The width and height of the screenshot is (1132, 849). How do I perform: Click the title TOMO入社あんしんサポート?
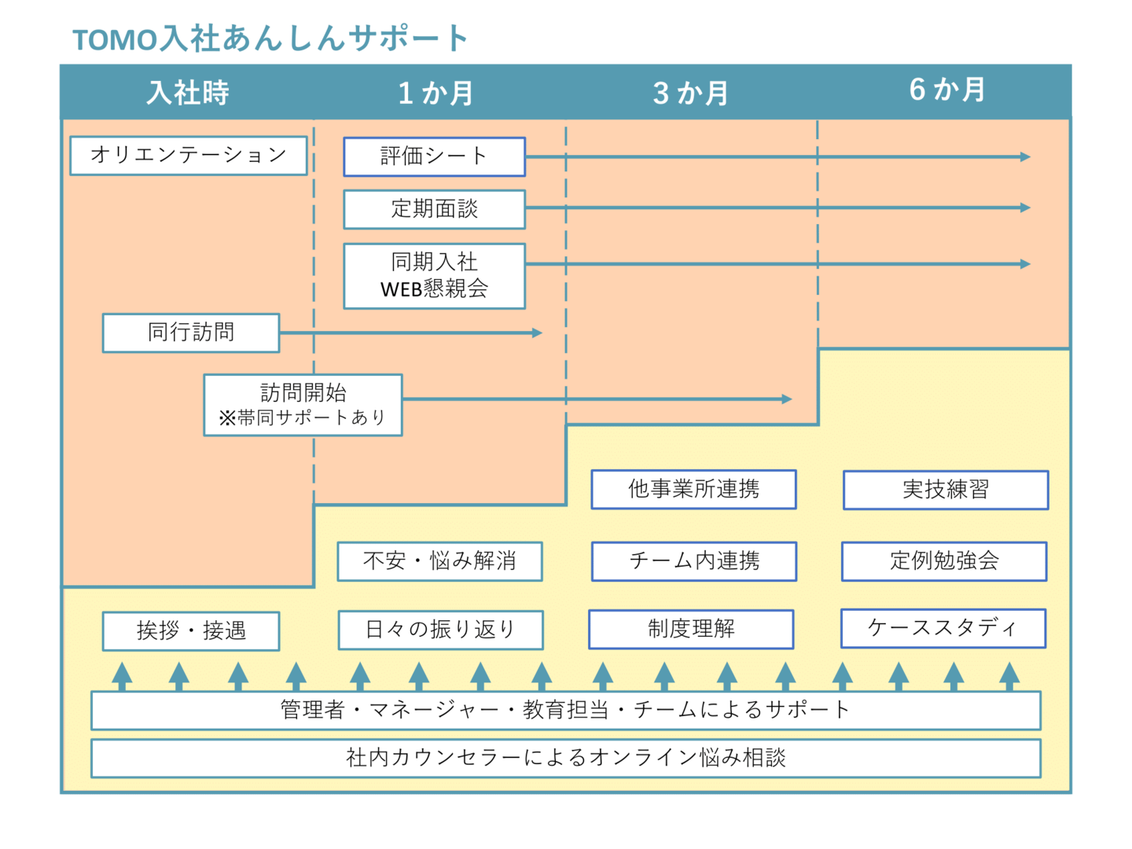pyautogui.click(x=270, y=39)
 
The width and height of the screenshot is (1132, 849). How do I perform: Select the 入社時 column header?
pyautogui.click(x=188, y=93)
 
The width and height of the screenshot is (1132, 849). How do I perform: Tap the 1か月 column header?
pyautogui.click(x=436, y=93)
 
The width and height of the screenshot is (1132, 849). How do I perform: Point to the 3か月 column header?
pyautogui.click(x=690, y=93)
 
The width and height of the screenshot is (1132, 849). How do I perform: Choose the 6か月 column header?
pyautogui.click(x=946, y=90)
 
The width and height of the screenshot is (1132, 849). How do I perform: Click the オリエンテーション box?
pyautogui.click(x=189, y=155)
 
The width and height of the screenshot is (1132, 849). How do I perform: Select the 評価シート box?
pyautogui.click(x=434, y=156)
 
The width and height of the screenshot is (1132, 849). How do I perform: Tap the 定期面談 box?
pyautogui.click(x=434, y=209)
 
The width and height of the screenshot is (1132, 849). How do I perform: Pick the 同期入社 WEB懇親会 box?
pyautogui.click(x=434, y=276)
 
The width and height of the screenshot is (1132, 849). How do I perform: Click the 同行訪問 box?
pyautogui.click(x=191, y=333)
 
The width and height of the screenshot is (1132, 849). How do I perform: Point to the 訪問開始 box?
pyautogui.click(x=303, y=405)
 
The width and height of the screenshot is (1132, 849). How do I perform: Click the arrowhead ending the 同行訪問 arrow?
pyautogui.click(x=538, y=333)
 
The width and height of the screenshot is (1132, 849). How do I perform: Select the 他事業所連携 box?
pyautogui.click(x=693, y=489)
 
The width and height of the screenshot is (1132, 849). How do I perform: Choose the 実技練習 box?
pyautogui.click(x=946, y=490)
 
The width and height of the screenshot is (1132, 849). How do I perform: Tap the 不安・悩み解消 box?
pyautogui.click(x=439, y=561)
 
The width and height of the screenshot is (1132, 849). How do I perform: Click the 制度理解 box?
pyautogui.click(x=691, y=629)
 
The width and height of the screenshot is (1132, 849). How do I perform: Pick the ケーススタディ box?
pyautogui.click(x=943, y=628)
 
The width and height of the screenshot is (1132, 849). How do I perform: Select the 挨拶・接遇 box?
pyautogui.click(x=191, y=631)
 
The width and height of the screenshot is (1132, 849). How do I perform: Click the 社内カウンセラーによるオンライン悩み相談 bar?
pyautogui.click(x=566, y=758)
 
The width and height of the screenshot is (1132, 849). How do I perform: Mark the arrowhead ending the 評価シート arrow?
pyautogui.click(x=1025, y=156)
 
